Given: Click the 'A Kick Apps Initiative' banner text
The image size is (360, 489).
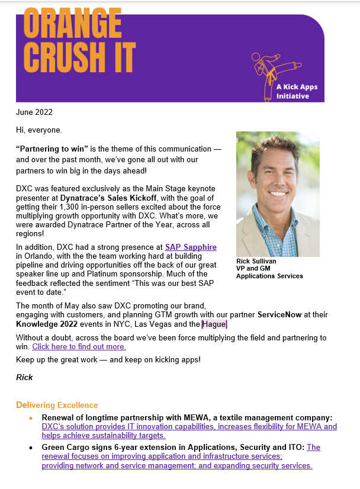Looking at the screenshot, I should [297, 91].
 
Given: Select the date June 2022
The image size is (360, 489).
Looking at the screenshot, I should [34, 112].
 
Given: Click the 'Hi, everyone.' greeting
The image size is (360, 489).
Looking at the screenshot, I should [38, 130].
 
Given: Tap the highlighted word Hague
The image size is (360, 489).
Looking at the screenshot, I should [214, 324].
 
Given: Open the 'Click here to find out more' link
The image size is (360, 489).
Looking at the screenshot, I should [79, 347].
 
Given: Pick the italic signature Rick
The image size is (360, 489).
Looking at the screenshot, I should [24, 377].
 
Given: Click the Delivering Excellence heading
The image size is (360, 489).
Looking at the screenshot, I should [57, 405].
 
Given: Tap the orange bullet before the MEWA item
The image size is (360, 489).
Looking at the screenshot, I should [31, 418].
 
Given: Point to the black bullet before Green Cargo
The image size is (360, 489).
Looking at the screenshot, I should [31, 448].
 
